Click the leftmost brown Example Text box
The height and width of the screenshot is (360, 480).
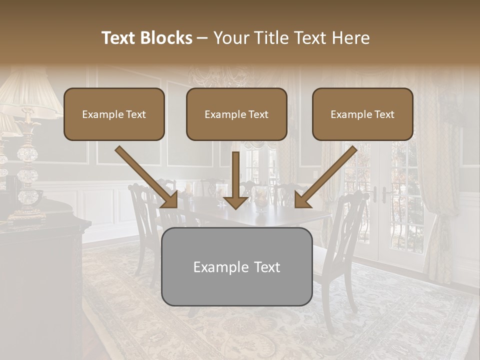[x=114, y=114]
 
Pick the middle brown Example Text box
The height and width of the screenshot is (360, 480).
[x=236, y=114]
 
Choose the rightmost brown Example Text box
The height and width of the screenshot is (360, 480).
[x=362, y=114]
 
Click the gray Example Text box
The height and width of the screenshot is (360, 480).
[x=236, y=266]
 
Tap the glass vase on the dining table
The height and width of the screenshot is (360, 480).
[x=261, y=200]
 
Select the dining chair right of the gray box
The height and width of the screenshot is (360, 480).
[x=340, y=250]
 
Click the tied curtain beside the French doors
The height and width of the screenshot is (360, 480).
[x=440, y=200]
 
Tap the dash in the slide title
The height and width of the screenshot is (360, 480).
[x=202, y=38]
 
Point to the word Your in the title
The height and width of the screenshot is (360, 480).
[x=230, y=38]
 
